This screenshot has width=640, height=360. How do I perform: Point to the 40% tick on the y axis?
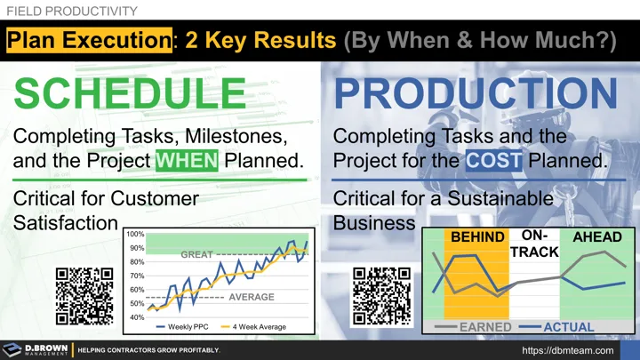click(x=137, y=317)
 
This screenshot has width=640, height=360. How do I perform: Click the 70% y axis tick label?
click(x=137, y=276)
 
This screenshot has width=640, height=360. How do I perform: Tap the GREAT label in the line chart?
click(x=196, y=255)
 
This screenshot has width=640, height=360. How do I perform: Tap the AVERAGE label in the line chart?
click(x=252, y=297)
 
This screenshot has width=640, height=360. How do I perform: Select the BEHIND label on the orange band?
click(x=476, y=237)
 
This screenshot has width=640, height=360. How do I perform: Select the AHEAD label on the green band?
click(x=597, y=237)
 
